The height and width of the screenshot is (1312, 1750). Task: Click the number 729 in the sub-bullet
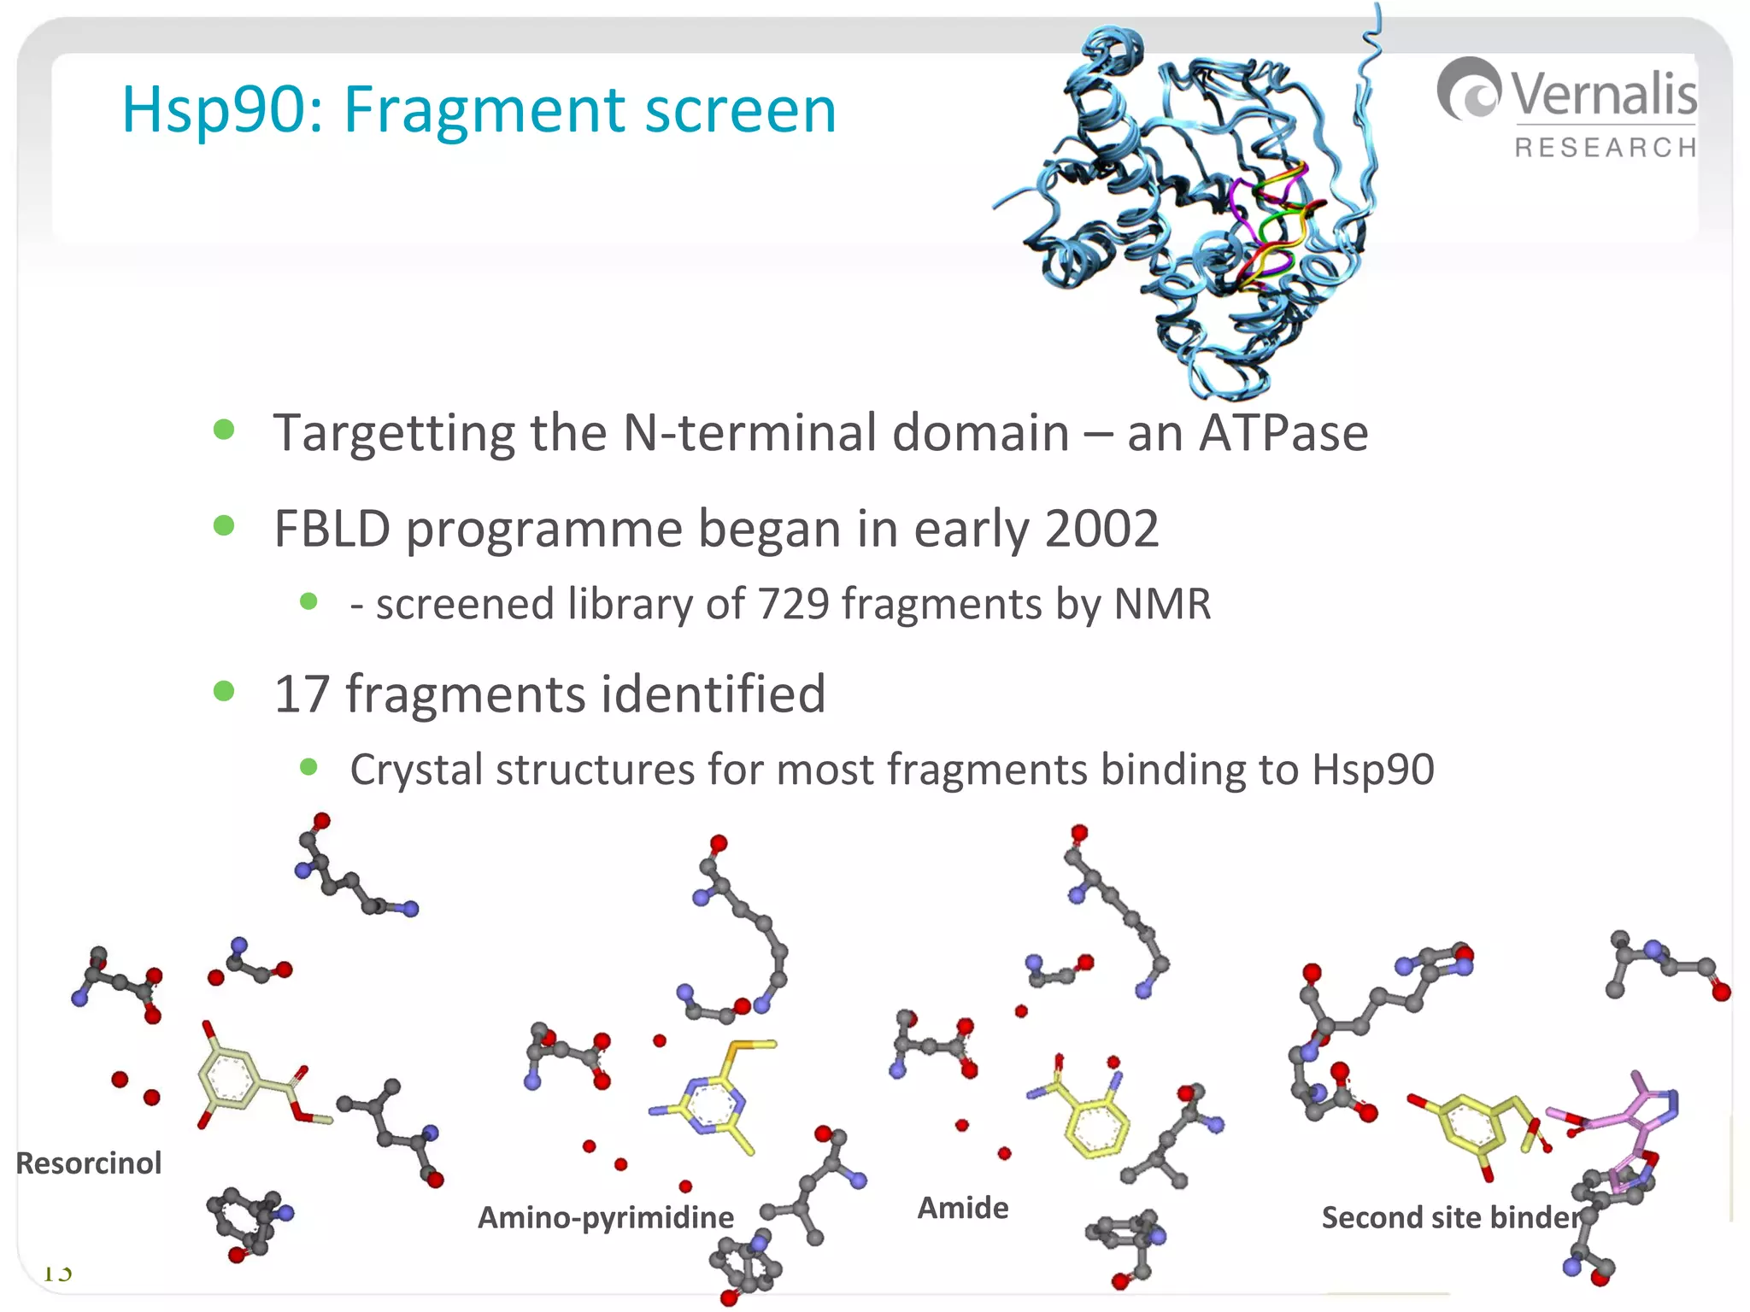click(793, 604)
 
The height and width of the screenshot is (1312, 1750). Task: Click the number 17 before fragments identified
click(301, 694)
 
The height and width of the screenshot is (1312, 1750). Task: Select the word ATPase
click(1283, 433)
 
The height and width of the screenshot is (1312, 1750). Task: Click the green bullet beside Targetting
click(224, 429)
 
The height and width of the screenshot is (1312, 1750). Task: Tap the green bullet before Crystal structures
click(308, 767)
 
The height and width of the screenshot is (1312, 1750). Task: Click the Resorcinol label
click(89, 1163)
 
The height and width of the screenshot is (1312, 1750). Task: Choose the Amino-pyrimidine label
click(605, 1217)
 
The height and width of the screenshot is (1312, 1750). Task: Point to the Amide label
click(963, 1208)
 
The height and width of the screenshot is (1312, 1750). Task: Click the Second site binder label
click(1450, 1217)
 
